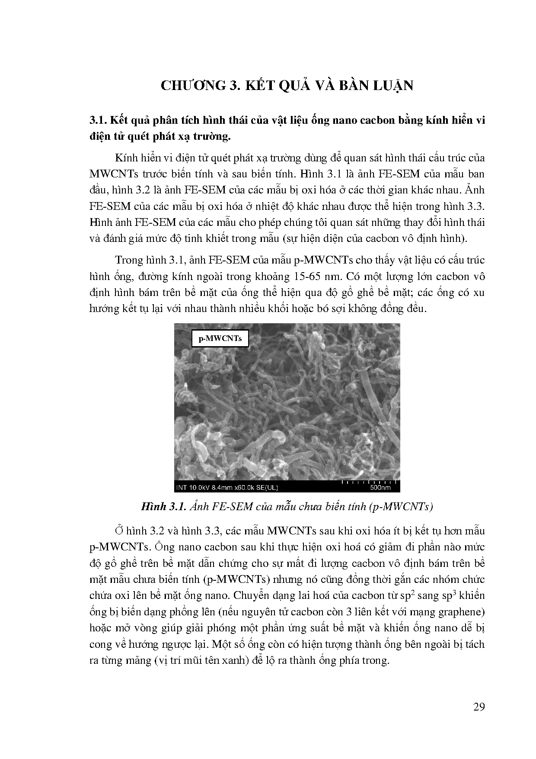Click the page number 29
(479, 707)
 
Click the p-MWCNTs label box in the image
(220, 338)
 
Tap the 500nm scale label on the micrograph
(380, 487)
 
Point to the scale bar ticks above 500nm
(369, 481)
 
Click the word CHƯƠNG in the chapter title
(191, 85)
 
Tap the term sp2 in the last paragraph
(411, 595)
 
